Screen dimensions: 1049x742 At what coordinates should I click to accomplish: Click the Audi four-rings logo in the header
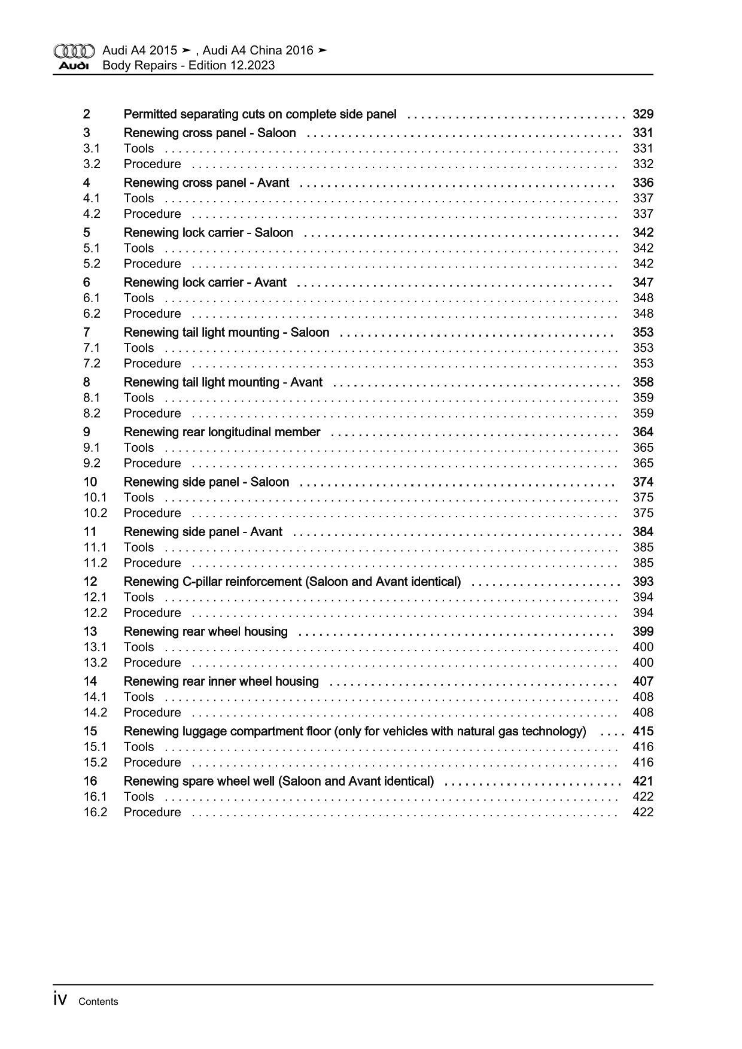point(74,50)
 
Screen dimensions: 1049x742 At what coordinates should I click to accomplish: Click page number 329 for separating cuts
point(643,114)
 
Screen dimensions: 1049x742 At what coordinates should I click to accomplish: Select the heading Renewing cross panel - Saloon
point(209,133)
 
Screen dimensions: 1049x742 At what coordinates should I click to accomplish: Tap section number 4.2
point(92,214)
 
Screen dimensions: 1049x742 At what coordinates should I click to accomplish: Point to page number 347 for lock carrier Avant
point(643,282)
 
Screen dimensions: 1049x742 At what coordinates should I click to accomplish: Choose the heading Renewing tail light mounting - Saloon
point(226,332)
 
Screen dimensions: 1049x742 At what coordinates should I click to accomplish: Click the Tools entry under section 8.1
point(139,397)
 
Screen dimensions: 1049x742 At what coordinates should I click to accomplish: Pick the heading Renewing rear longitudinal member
point(222,432)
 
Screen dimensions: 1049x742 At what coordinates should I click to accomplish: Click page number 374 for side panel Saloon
point(643,482)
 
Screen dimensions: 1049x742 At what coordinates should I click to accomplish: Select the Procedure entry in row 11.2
point(152,562)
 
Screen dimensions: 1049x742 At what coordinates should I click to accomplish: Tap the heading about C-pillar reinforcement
point(292,582)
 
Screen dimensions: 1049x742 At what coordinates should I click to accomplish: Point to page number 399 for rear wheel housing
point(643,631)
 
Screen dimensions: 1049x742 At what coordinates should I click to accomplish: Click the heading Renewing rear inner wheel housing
point(221,681)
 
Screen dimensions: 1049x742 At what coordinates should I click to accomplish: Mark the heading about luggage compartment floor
point(354,731)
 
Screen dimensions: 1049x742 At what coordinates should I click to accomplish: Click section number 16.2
point(95,812)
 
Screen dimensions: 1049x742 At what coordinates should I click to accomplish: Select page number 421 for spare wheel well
point(643,781)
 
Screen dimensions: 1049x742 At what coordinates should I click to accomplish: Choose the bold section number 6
point(87,282)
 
